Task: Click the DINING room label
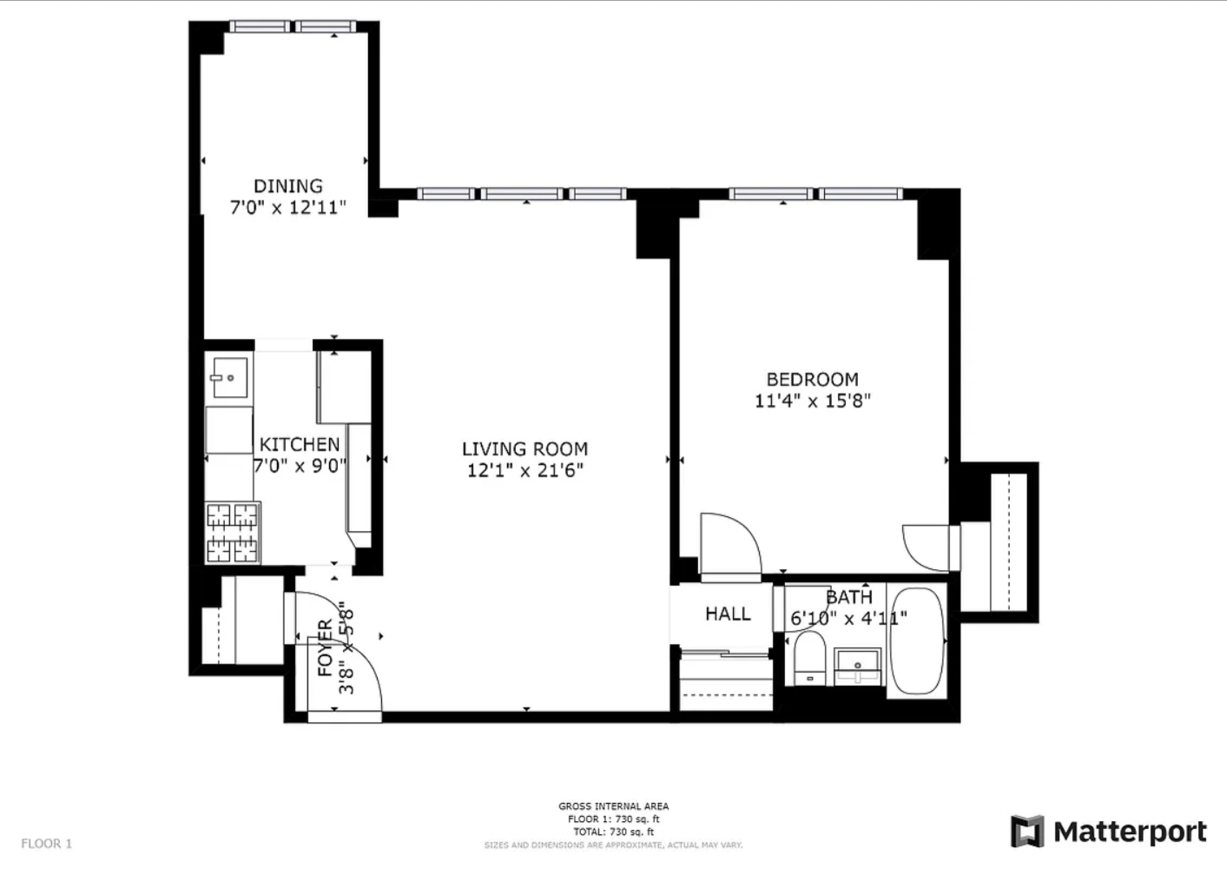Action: click(x=288, y=187)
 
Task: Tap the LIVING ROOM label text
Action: click(x=524, y=449)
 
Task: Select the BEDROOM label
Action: click(x=812, y=380)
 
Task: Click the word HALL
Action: click(x=728, y=614)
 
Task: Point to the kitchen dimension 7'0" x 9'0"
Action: click(x=300, y=466)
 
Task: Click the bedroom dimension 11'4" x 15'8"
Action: click(x=812, y=401)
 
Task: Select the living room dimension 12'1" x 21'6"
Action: click(x=524, y=470)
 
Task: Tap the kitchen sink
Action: click(x=229, y=378)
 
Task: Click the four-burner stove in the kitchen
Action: click(x=232, y=533)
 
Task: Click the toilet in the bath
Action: click(x=810, y=658)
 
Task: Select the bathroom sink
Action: click(x=858, y=667)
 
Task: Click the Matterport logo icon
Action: click(x=1027, y=831)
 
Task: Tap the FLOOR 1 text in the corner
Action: click(x=47, y=843)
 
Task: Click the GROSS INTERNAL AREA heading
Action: click(x=613, y=806)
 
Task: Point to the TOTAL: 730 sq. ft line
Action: click(x=613, y=832)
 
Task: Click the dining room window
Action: click(x=293, y=26)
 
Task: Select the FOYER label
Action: click(x=326, y=647)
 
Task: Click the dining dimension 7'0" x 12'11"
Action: click(x=288, y=208)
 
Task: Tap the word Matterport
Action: click(x=1130, y=833)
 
